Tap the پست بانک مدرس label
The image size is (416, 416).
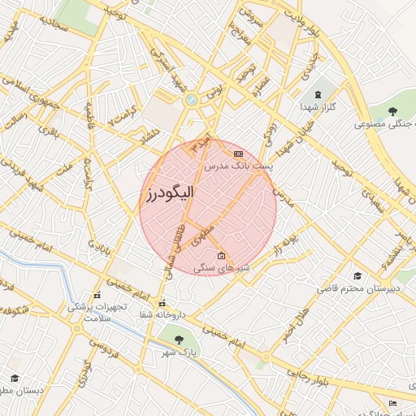click(238, 165)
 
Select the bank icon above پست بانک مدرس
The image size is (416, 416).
click(238, 153)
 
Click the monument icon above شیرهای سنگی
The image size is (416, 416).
click(222, 256)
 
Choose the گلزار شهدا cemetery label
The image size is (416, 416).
click(318, 106)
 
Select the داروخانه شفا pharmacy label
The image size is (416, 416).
click(162, 314)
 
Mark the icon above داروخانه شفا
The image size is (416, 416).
click(162, 302)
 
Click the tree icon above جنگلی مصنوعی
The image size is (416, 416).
click(393, 111)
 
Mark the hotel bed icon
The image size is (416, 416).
click(393, 403)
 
